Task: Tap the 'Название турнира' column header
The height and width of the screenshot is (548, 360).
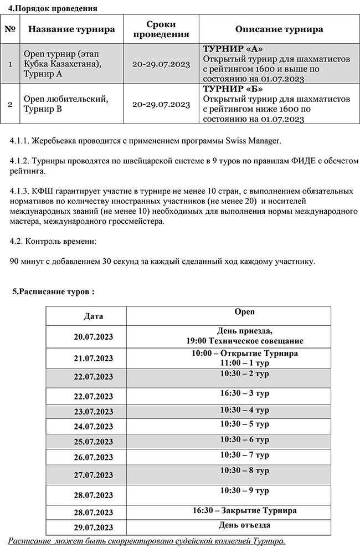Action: (72, 29)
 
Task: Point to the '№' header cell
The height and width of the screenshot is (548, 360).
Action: (9, 29)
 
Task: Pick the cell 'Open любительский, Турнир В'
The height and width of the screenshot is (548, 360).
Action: (65, 103)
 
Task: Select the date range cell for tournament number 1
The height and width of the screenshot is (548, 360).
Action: (161, 64)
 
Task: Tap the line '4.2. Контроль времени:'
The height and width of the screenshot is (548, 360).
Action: (53, 242)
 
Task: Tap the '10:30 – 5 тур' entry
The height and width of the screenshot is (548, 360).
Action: (228, 424)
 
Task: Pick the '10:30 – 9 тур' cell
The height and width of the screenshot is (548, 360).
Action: (228, 490)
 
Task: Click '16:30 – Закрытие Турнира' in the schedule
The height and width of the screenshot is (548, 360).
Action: (228, 510)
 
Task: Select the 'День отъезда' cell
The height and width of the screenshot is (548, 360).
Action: (228, 525)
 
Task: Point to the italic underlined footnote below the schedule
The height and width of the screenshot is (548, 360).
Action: (147, 540)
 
